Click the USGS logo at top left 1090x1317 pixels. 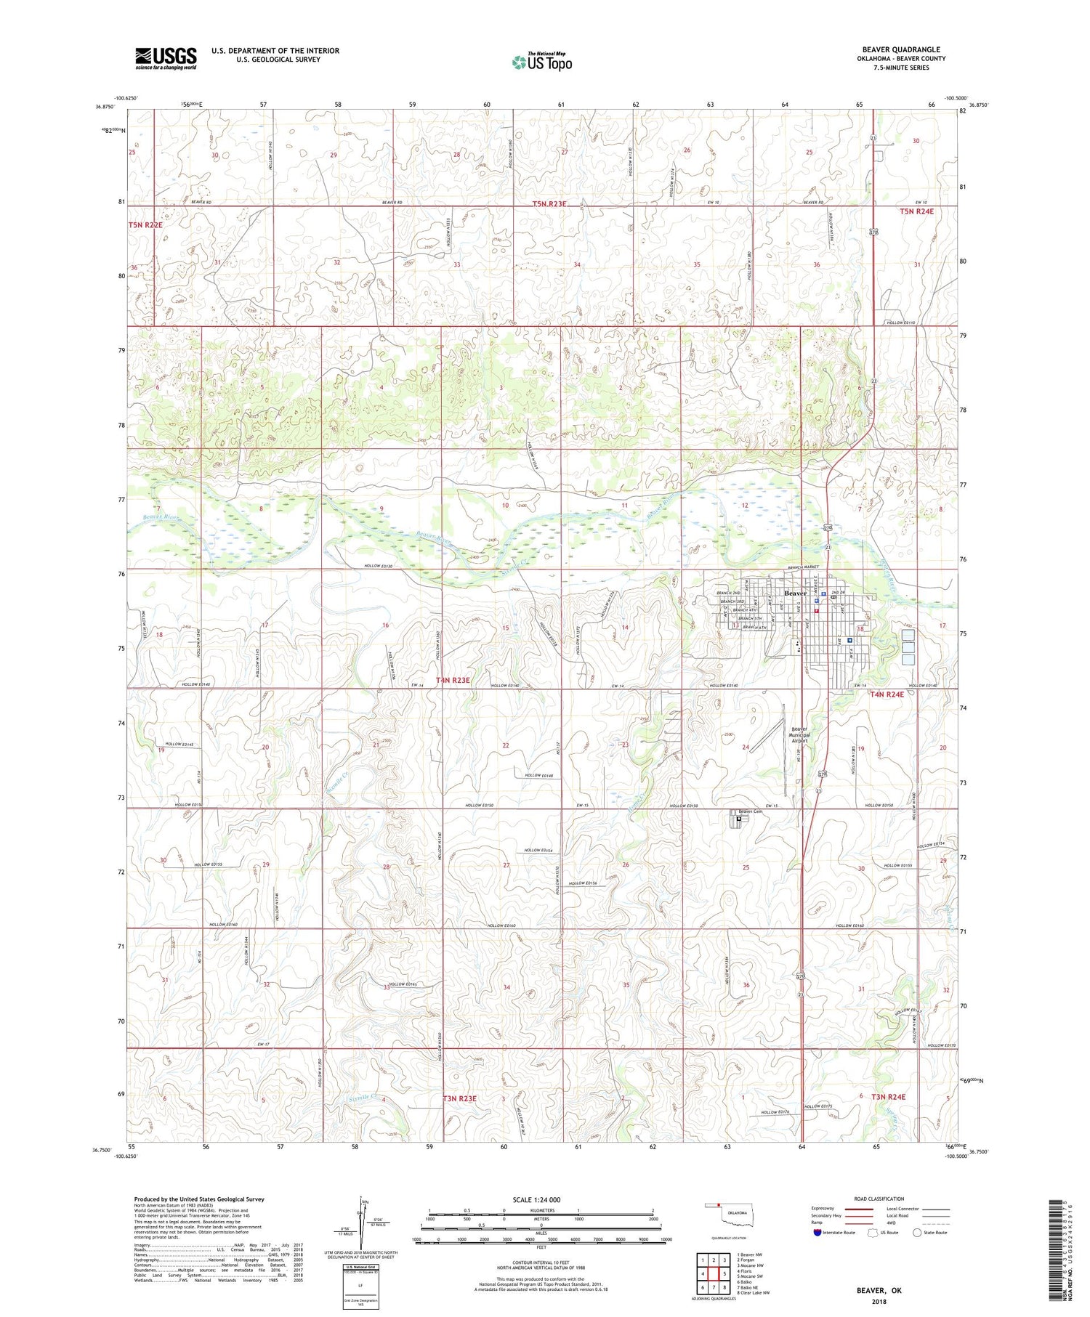(166, 58)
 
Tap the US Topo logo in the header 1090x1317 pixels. (541, 62)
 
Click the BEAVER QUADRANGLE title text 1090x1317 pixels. (901, 50)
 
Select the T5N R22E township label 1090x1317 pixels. (145, 225)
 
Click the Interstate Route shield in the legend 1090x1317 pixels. (817, 1233)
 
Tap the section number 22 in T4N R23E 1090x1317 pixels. (506, 746)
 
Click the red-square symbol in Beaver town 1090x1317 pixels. (816, 610)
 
